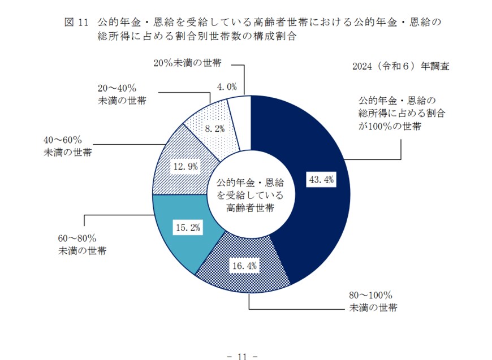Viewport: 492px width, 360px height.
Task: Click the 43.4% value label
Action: tap(321, 180)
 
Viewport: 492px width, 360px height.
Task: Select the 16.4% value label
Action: tap(244, 264)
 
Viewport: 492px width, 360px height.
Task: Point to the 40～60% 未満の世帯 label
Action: tap(63, 146)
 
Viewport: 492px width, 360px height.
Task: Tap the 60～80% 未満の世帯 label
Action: tap(79, 244)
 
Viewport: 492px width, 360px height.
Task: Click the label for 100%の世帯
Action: tap(397, 112)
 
